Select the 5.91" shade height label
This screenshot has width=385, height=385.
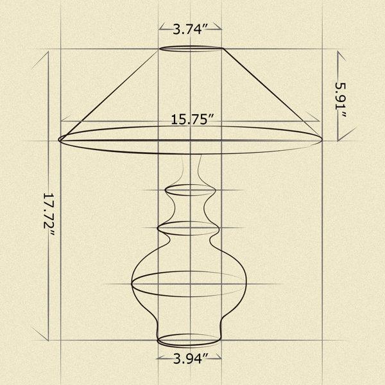(x=341, y=99)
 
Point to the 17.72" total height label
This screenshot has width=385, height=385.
(x=49, y=214)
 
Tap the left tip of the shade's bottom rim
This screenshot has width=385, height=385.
(x=58, y=140)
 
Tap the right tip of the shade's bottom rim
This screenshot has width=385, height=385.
(x=322, y=139)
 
